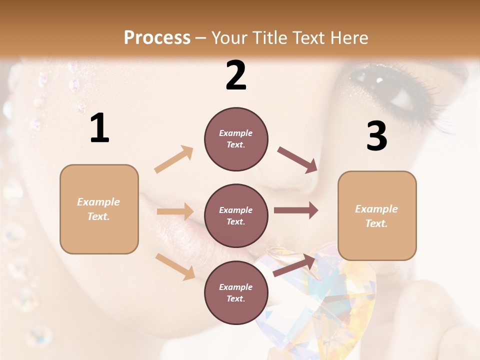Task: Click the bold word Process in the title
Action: click(157, 38)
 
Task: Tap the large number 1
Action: click(99, 128)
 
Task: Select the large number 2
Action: click(236, 76)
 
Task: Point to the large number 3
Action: click(376, 136)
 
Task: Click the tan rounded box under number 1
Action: click(99, 209)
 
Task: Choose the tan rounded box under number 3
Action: click(377, 215)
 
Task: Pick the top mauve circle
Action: click(236, 139)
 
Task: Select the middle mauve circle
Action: click(236, 215)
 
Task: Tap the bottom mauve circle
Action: click(236, 292)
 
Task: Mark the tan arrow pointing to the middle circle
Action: click(174, 211)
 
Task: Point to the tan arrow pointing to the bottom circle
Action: click(175, 266)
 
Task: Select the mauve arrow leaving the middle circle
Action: click(295, 210)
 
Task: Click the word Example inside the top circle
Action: click(236, 133)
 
